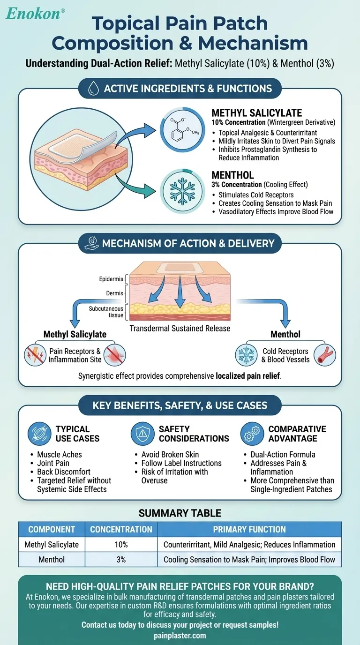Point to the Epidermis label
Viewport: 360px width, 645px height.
[x=111, y=279]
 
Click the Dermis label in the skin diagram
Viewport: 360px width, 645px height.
[x=115, y=293]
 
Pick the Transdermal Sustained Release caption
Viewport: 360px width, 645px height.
[x=180, y=328]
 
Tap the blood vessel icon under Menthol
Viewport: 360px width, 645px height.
[x=324, y=355]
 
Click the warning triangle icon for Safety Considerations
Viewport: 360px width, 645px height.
[x=142, y=434]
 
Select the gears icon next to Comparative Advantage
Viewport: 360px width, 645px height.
[x=252, y=434]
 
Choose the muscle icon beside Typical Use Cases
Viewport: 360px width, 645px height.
[x=39, y=434]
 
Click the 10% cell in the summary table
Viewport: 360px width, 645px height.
[x=121, y=545]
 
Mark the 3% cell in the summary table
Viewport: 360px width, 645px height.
[x=121, y=560]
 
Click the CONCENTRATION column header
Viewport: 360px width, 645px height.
[x=121, y=529]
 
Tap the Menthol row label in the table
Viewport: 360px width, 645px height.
[x=52, y=560]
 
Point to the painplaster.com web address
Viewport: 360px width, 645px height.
[x=180, y=635]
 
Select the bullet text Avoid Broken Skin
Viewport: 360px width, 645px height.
[x=170, y=454]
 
